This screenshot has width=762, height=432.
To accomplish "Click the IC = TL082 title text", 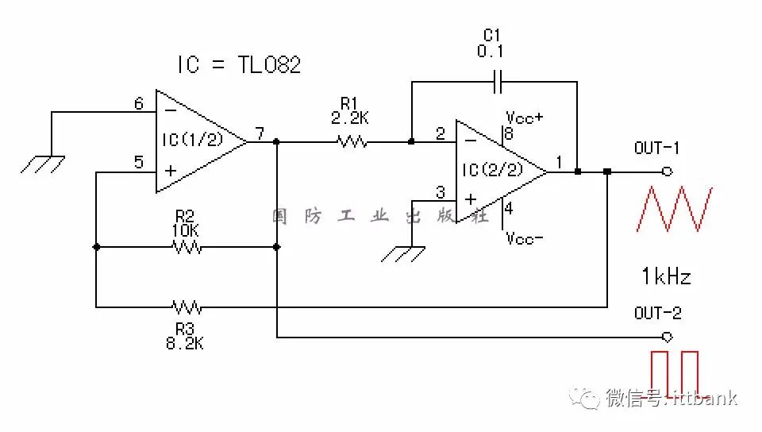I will [x=239, y=65].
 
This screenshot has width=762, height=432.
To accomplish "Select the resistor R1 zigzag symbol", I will [x=352, y=142].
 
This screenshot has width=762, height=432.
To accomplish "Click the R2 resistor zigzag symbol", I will [x=187, y=247].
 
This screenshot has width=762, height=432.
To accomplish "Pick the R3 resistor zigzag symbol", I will [x=187, y=306].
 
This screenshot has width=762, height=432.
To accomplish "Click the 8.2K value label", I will [x=185, y=345].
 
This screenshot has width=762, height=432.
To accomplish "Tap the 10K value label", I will [x=186, y=230].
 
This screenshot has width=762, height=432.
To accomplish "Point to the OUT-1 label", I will [x=656, y=148].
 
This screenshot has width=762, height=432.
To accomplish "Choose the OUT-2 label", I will [x=656, y=313].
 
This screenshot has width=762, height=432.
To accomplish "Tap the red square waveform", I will [x=675, y=372].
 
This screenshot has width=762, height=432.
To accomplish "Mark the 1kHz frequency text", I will [x=666, y=276].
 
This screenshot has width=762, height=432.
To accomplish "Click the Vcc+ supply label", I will [x=525, y=116].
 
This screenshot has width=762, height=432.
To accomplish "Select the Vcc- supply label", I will [x=525, y=238].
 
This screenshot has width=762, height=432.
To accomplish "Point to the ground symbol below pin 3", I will [x=402, y=254].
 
